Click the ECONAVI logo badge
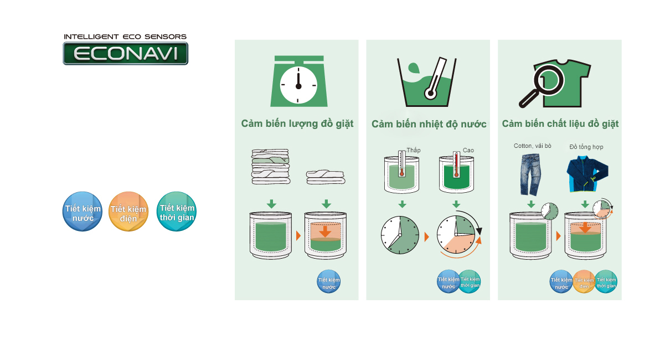[125, 54]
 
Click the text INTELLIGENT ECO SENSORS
[125, 37]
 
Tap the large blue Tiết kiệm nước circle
[83, 212]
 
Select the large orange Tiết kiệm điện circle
[128, 212]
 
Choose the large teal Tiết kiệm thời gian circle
[177, 212]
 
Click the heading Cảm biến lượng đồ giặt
[297, 124]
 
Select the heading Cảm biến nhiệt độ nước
[429, 124]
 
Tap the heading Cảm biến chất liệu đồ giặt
[560, 124]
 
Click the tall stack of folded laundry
[270, 166]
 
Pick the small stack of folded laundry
[326, 176]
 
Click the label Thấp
[414, 150]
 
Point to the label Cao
[468, 150]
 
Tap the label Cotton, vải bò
[532, 146]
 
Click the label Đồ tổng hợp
[586, 147]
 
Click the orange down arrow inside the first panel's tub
[325, 231]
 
